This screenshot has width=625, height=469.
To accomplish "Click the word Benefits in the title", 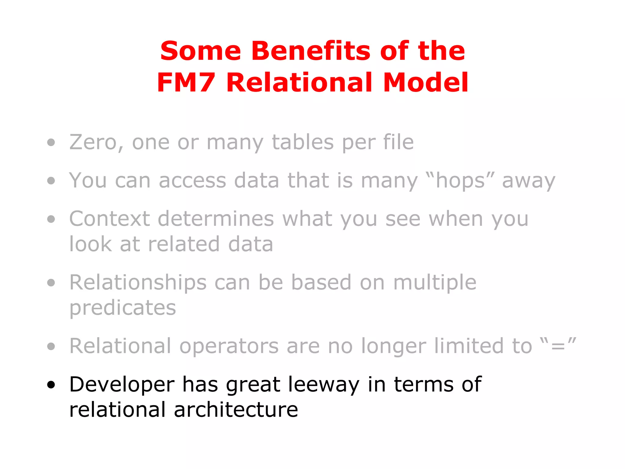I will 311,51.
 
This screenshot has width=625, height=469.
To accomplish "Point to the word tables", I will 303,142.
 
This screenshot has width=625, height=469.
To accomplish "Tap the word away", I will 529,181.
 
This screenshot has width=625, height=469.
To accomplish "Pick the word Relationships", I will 138,282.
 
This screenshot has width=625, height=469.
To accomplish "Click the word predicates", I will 123,308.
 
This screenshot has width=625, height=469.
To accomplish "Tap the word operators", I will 229,346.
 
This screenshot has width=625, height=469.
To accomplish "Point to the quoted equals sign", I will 558,347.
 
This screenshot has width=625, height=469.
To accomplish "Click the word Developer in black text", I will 122,384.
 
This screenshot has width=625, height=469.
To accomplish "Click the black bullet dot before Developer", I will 51,385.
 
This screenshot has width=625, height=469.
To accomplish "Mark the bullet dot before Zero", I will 51,143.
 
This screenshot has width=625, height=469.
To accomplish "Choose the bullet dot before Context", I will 51,219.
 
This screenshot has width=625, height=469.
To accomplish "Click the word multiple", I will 435,282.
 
